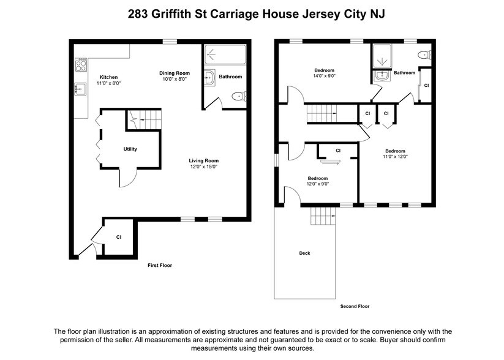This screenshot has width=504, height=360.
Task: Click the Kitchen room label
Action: (108, 77)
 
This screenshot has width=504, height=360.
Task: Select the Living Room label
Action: (203, 161)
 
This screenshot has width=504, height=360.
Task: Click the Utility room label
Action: (130, 149)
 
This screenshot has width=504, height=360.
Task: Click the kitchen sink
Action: (79, 90)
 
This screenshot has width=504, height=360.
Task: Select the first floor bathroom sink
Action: (209, 77)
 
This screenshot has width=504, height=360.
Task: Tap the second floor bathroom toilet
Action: (424, 55)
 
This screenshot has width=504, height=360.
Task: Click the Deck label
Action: (304, 253)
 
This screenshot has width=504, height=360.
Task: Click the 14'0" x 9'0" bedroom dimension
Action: (324, 75)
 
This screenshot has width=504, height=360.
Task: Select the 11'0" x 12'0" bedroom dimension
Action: (395, 157)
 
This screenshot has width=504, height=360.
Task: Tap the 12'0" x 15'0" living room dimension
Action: (203, 167)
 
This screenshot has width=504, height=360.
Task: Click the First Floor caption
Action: (160, 266)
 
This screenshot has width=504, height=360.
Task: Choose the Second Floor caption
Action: (355, 306)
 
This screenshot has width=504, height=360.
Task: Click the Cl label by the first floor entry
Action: (119, 237)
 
